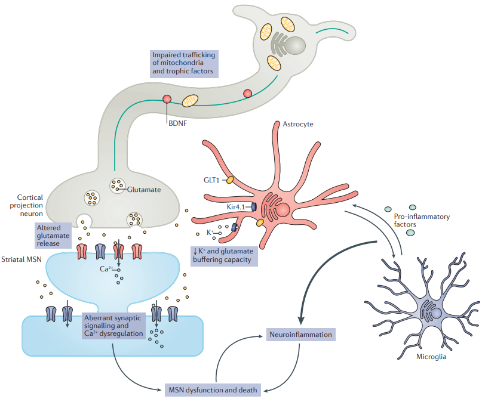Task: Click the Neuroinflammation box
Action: pos(300,335)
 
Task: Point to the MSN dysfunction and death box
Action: pos(213,391)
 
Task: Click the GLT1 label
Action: pos(211,178)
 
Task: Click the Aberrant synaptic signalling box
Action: pos(113,326)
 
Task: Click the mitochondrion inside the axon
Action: pos(191,101)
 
